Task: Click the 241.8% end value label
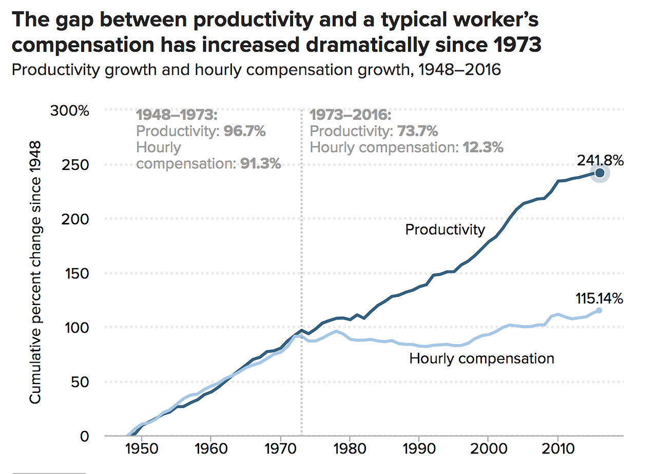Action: [x=600, y=161]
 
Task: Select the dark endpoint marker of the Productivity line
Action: [x=599, y=173]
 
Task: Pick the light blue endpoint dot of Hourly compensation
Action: [x=599, y=310]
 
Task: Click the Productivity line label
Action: [x=445, y=229]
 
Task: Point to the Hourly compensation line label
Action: [x=481, y=358]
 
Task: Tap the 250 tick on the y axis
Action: [x=76, y=165]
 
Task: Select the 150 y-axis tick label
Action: [x=76, y=273]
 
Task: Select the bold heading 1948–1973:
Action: [x=177, y=115]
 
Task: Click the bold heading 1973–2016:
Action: [x=351, y=115]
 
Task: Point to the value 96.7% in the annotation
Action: [x=244, y=131]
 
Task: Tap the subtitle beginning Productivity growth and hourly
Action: [x=256, y=69]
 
